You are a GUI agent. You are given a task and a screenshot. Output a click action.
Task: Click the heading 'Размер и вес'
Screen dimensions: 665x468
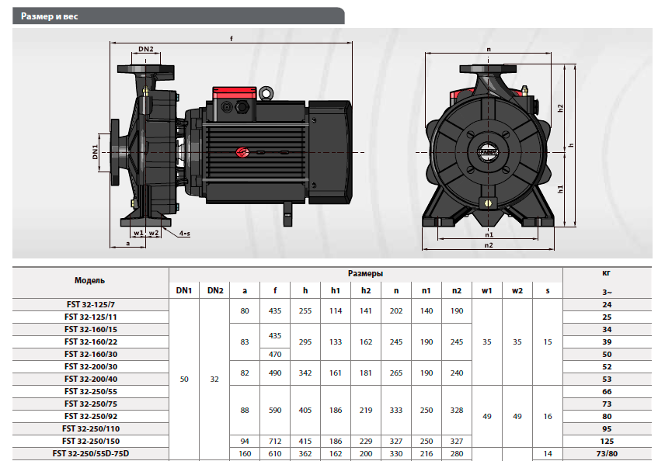[x=49, y=16]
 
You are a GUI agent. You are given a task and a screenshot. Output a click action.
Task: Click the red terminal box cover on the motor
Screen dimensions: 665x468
[x=234, y=92]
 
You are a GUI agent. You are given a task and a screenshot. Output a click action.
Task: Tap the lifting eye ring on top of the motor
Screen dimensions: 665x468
[x=266, y=93]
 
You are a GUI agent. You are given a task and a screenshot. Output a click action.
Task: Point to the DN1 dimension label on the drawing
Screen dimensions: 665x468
[x=95, y=152]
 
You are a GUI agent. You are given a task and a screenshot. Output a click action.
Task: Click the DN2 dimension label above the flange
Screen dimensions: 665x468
[x=146, y=49]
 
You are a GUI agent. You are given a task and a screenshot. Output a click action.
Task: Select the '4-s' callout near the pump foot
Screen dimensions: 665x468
[x=184, y=234]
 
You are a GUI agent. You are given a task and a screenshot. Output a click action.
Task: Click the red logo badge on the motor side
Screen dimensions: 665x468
[x=243, y=152]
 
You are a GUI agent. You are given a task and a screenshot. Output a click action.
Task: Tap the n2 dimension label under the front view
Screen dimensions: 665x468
[x=489, y=245]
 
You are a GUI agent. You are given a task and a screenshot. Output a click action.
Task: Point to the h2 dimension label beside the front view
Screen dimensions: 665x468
[x=560, y=109]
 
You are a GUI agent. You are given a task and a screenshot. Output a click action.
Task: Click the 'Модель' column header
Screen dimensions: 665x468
[x=89, y=280]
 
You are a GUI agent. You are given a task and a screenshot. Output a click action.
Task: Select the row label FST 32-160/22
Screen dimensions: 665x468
[x=91, y=341]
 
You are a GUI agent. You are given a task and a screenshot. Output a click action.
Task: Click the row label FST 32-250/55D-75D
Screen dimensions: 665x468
[x=91, y=453]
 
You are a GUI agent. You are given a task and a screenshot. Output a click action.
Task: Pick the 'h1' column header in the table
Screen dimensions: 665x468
[x=336, y=290]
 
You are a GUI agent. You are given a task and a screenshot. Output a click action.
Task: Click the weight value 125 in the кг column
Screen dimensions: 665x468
[x=607, y=442]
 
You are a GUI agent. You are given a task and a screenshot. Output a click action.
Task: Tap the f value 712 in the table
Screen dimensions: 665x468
[x=275, y=442]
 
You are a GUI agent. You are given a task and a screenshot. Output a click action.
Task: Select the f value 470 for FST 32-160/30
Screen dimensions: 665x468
[x=275, y=355]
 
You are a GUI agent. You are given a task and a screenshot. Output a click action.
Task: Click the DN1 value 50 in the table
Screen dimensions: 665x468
[x=184, y=379]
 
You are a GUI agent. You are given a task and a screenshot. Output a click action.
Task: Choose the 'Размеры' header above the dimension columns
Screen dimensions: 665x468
[x=365, y=274]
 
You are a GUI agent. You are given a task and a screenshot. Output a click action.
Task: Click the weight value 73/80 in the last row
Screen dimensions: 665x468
[x=607, y=453]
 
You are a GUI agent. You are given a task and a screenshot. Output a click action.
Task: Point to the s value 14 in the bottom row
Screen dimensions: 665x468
[x=548, y=453]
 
